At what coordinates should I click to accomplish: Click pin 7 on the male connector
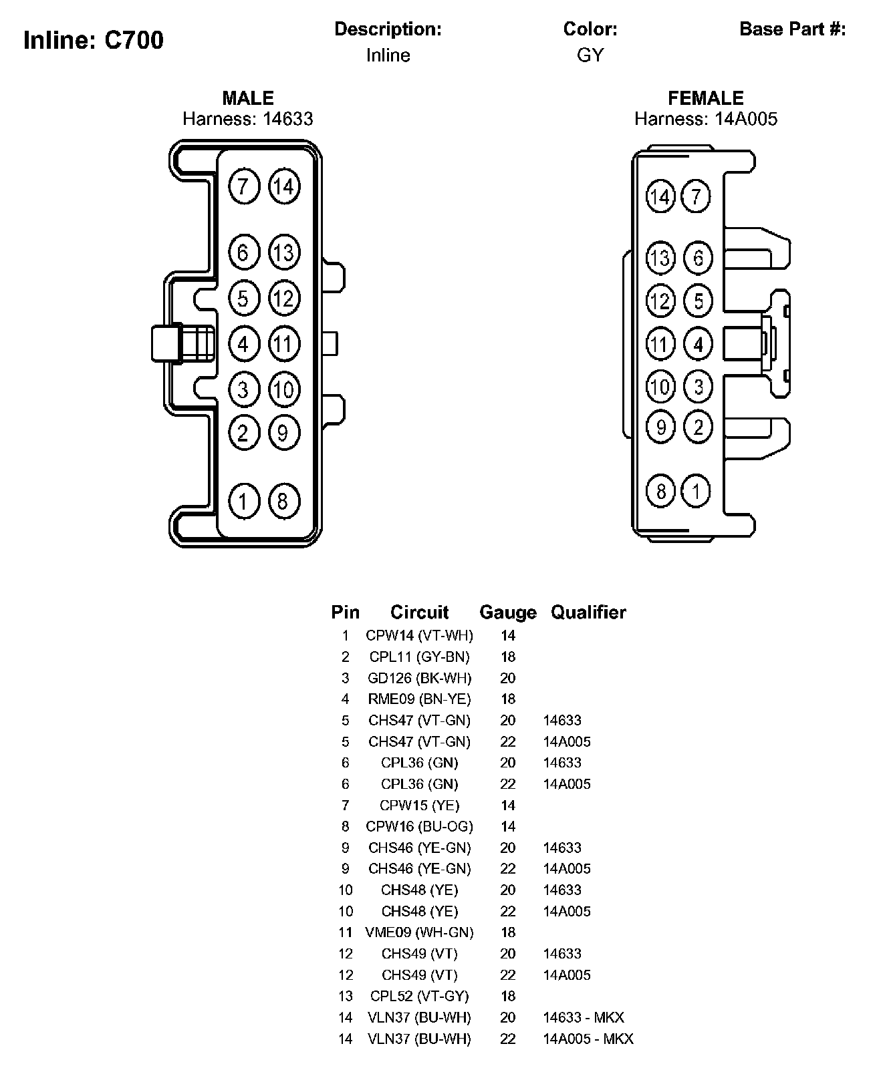point(243,186)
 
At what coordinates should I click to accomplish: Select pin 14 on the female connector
point(660,196)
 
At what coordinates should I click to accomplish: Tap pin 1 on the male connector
point(243,501)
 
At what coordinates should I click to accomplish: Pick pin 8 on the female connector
point(660,492)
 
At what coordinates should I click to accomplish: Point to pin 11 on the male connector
point(283,344)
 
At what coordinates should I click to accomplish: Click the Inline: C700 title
point(94,40)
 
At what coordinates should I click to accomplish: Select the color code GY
point(590,55)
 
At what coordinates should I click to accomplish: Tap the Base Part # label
point(793,29)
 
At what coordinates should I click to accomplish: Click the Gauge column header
point(508,612)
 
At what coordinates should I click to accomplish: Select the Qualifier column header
point(588,612)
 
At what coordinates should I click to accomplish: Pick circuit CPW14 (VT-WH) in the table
point(419,635)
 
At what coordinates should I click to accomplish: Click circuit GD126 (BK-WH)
point(419,678)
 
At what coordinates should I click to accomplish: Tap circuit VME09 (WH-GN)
point(419,932)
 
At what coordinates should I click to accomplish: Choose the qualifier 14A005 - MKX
point(588,1039)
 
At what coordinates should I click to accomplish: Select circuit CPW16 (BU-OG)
point(419,826)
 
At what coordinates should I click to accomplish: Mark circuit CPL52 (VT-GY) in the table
point(419,996)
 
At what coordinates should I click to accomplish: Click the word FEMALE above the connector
point(705,98)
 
